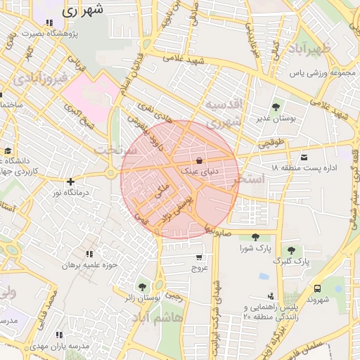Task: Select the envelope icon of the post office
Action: click(x=304, y=157)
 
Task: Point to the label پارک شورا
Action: click(x=255, y=249)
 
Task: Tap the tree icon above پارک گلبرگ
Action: click(x=290, y=250)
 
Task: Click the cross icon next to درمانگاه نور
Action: click(x=70, y=181)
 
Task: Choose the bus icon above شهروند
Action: click(x=318, y=288)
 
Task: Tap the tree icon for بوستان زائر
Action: click(x=143, y=287)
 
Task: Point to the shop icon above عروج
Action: click(x=199, y=257)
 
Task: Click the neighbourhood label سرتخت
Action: click(x=113, y=150)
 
